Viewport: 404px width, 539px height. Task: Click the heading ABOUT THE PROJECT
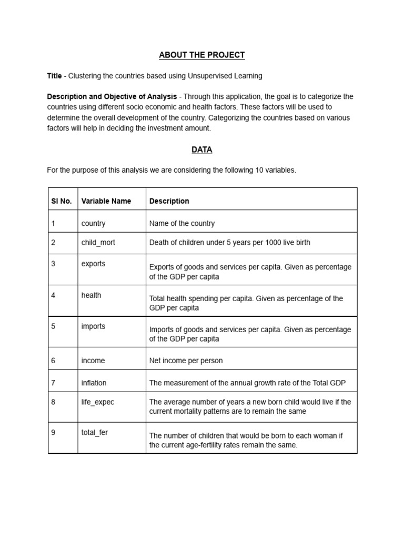201,55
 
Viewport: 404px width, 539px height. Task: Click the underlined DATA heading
201,149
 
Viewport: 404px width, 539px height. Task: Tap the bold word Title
54,76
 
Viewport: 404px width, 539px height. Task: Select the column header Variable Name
106,201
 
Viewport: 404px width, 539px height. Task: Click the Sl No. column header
62,201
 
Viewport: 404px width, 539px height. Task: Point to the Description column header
169,201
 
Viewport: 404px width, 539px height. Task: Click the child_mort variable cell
98,243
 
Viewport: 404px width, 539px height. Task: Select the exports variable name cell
94,264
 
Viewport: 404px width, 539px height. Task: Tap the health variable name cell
92,295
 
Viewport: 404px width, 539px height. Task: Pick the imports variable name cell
94,326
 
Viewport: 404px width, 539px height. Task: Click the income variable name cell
93,361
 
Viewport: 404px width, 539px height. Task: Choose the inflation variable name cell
95,383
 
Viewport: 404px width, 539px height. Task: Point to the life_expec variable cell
98,402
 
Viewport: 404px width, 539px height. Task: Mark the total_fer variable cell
95,433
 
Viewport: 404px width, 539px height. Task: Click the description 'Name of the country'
182,223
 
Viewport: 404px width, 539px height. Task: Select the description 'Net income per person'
186,361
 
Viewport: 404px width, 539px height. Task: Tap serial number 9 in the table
53,433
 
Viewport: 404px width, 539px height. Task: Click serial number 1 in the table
53,223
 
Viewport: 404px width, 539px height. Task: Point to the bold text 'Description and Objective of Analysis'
112,97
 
